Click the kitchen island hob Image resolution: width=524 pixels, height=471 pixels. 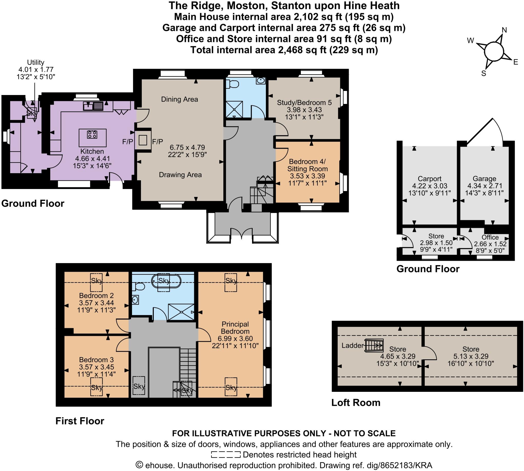(92, 135)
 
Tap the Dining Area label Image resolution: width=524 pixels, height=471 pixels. (179, 99)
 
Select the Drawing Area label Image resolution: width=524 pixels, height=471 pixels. (180, 175)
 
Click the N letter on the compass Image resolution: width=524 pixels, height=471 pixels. (504, 30)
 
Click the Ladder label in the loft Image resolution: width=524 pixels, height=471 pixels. (352, 346)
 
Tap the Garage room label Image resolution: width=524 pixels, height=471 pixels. (484, 179)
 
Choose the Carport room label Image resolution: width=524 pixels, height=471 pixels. (429, 179)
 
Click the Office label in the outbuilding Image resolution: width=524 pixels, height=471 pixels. (490, 237)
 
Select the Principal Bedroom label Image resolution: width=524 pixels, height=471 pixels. (235, 328)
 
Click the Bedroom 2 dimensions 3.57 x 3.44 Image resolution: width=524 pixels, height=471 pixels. (96, 303)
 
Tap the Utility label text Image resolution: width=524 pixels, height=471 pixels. (36, 62)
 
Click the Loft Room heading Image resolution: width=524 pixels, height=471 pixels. (356, 403)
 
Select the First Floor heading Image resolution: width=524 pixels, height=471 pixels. (80, 421)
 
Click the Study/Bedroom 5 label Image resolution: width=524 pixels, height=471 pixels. (304, 103)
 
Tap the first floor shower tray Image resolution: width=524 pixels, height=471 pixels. (181, 312)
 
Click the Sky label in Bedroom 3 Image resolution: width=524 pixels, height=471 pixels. (96, 387)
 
